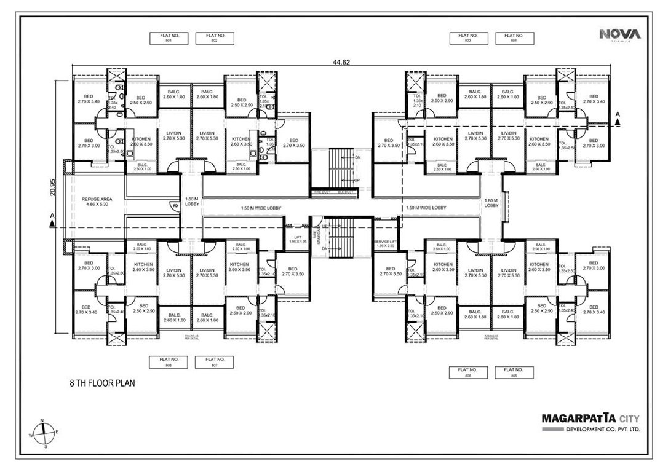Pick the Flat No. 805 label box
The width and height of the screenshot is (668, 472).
point(512,372)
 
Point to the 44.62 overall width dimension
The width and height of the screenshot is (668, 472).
point(341,62)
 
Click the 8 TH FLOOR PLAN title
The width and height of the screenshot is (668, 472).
point(101,382)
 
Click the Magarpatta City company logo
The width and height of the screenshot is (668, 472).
point(590,422)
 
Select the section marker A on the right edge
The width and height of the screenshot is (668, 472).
point(618,114)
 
